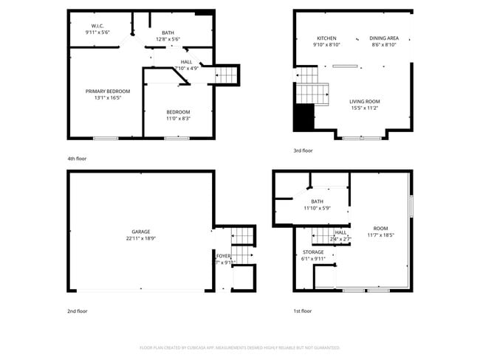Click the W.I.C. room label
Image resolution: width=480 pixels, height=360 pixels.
pos(97,27)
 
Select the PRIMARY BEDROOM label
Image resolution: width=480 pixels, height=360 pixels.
pos(107,91)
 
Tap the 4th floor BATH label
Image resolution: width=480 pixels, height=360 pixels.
pos(168,33)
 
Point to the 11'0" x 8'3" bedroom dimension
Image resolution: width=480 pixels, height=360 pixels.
pos(177,118)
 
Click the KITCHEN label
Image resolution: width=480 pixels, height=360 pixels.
pos(326,38)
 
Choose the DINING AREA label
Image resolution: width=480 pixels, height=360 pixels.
pos(384,38)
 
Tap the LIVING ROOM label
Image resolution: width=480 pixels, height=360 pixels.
pos(365,101)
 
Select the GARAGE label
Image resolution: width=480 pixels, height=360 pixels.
pos(140,232)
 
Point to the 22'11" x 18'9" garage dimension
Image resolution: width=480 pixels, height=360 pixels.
pos(140,238)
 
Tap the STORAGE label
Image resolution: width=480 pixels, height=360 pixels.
pos(313,252)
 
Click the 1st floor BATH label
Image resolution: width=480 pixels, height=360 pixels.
pos(317,201)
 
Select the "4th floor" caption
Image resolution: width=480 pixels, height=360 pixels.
pos(77,159)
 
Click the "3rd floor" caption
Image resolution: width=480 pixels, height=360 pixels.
pos(303,150)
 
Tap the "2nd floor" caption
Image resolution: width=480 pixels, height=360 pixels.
pos(77,311)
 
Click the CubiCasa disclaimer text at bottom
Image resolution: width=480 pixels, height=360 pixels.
pos(239,347)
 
